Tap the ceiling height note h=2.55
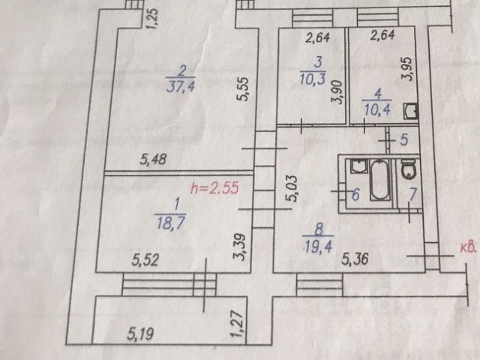point(215,190)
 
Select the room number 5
point(403,139)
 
